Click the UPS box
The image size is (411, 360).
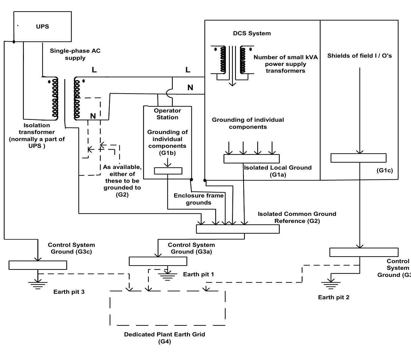click(43, 27)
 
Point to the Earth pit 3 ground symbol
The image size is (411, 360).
click(38, 285)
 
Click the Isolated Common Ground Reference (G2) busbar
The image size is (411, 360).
click(238, 229)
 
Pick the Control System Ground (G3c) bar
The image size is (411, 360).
click(38, 265)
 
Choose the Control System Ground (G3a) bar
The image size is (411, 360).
click(158, 261)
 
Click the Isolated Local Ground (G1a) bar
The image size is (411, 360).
click(251, 159)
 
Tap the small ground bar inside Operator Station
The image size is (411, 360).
click(168, 171)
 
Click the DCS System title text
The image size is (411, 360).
click(252, 33)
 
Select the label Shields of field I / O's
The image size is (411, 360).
click(359, 56)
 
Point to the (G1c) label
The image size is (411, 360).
click(384, 170)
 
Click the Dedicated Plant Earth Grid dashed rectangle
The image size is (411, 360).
click(167, 308)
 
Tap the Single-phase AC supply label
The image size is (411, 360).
click(75, 54)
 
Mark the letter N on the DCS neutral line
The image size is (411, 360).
click(190, 88)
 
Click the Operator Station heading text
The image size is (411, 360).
click(167, 114)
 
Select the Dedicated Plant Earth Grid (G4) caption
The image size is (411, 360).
click(164, 338)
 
